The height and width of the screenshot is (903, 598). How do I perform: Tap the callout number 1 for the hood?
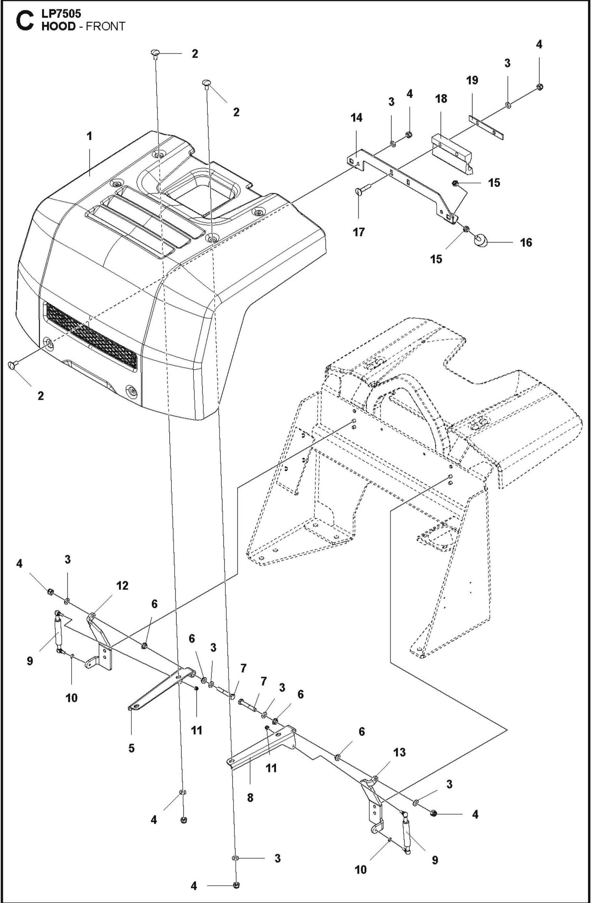point(90,136)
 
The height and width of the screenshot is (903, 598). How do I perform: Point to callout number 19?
point(472,80)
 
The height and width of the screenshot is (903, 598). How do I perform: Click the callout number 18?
point(441,99)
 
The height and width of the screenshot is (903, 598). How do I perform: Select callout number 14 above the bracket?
point(357,118)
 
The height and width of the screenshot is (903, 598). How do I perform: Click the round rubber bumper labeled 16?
point(481,241)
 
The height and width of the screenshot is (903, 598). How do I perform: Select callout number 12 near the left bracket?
point(122,585)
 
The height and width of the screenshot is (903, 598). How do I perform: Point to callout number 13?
point(399,752)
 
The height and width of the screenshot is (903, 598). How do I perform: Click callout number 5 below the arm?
point(131,748)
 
